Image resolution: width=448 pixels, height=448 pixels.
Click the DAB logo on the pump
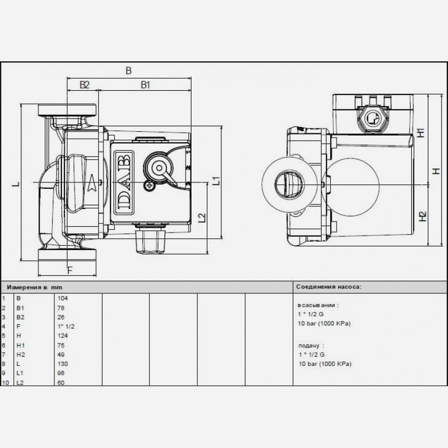coord(124,182)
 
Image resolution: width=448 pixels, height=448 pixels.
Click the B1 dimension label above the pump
coord(146,85)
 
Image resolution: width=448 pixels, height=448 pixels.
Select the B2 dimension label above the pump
coord(85,85)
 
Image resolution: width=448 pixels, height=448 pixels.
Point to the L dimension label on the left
coord(16,183)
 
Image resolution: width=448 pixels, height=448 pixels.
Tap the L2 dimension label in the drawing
coord(202,218)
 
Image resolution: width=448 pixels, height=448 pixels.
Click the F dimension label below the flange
coord(70,270)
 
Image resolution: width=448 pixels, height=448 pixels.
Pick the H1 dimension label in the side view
coord(421,133)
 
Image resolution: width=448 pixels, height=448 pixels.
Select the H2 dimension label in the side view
coord(422,217)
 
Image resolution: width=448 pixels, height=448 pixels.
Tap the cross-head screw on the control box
coord(149,186)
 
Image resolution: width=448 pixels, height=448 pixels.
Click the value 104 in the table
coord(62,298)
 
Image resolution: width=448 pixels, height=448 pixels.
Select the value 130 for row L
coord(62,364)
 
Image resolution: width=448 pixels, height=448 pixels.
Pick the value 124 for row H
coord(62,335)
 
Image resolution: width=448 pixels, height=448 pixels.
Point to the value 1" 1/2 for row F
coord(66,326)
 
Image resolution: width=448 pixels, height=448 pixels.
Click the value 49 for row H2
coord(61,355)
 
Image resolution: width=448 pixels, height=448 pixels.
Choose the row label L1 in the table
coord(20,373)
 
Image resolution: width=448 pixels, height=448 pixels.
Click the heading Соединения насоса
coord(329,286)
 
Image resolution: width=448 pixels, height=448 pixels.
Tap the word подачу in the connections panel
coord(309,346)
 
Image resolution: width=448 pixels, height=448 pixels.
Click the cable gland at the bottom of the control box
coord(150,239)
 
